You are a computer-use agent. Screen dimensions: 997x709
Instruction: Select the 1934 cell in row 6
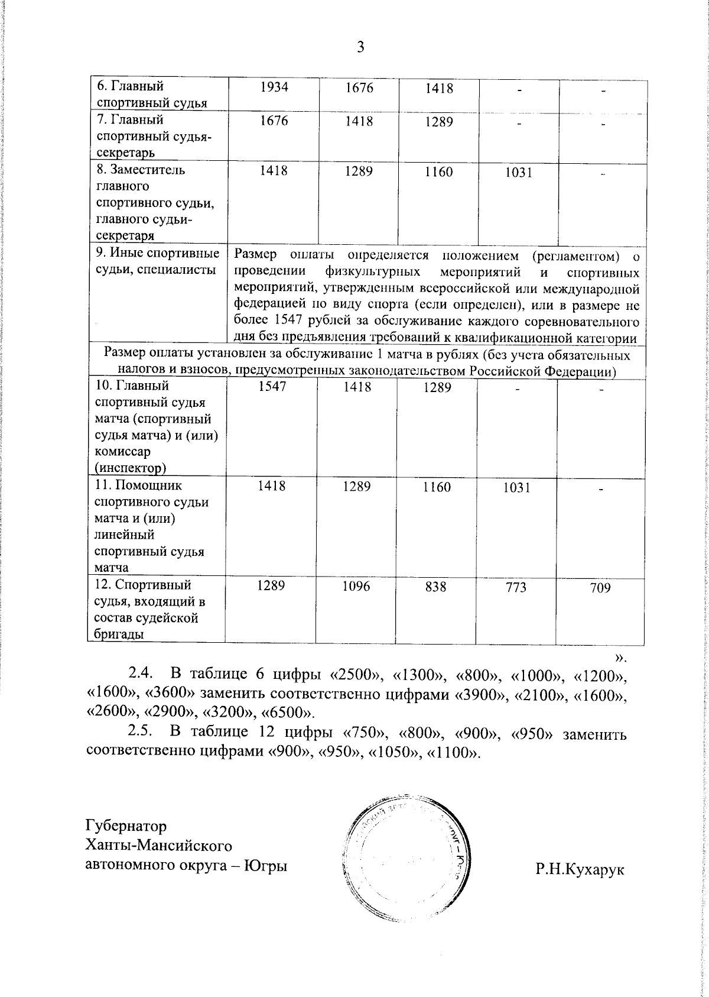[274, 88]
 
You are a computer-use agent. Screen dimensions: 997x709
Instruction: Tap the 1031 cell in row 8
[518, 173]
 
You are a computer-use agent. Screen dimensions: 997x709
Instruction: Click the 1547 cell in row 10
[272, 387]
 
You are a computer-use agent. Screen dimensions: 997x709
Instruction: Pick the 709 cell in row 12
[600, 588]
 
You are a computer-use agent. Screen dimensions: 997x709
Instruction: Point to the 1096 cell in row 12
[357, 586]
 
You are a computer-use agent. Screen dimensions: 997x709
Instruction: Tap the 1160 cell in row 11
[437, 487]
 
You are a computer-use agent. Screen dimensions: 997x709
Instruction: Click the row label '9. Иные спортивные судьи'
[157, 262]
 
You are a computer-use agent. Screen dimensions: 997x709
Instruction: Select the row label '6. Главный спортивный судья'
[151, 95]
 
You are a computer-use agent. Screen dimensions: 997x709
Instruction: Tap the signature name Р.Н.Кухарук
[580, 869]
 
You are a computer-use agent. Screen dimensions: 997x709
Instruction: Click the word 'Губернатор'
[126, 826]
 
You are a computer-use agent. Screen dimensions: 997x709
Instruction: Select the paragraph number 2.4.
[141, 674]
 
